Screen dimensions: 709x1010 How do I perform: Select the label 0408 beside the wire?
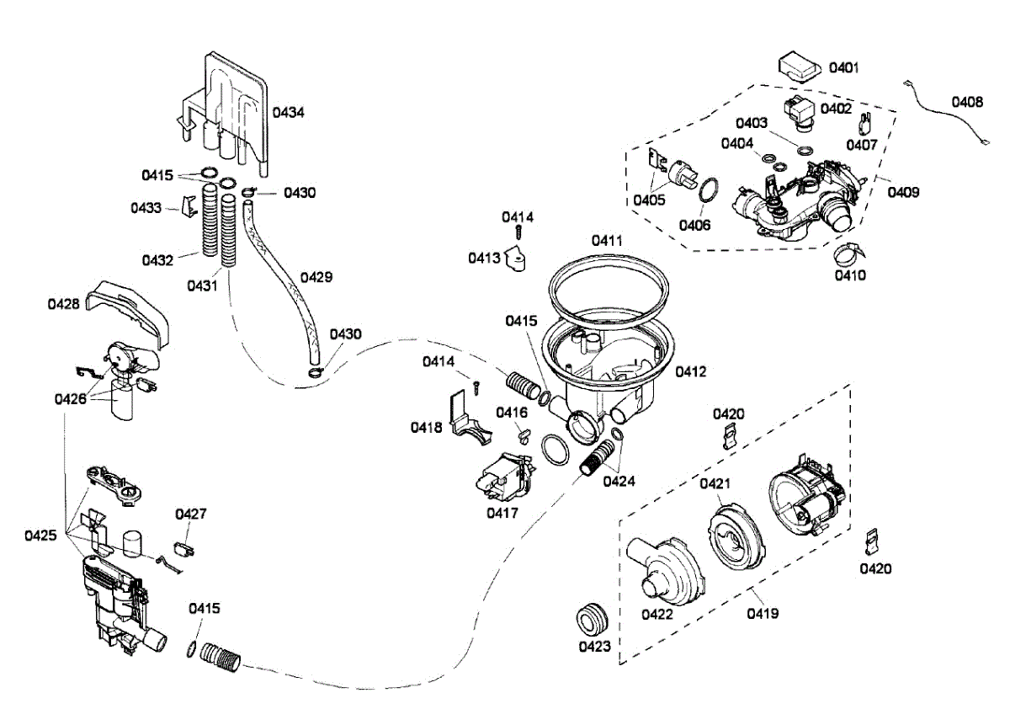967,102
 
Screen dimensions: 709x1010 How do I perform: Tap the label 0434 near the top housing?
288,112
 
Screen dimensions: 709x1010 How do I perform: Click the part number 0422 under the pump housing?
657,614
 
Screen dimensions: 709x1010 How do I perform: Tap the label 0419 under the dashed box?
763,613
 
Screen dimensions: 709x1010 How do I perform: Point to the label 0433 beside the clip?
146,208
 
